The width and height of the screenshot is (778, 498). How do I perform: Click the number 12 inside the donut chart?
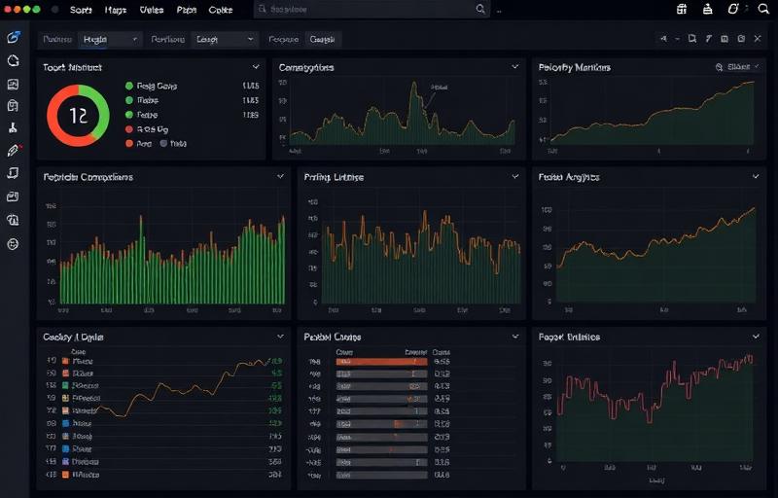point(79,115)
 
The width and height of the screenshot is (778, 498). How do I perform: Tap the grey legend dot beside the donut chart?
point(163,143)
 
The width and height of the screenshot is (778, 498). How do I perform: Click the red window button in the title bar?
point(11,9)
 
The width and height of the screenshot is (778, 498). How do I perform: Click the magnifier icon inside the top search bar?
point(480,9)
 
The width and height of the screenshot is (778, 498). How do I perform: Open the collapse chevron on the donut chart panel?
point(256,67)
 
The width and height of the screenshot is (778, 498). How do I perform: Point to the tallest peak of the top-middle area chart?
point(424,85)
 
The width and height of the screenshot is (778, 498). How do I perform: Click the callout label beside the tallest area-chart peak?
point(440,86)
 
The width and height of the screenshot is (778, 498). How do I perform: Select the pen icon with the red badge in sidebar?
point(14,151)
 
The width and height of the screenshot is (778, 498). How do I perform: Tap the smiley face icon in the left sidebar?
point(13,244)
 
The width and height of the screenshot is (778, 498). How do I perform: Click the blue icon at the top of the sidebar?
point(13,38)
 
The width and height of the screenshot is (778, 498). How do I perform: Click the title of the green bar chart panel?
point(88,177)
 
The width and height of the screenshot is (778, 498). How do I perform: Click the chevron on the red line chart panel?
point(755,336)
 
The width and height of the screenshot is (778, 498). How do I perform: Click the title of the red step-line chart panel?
point(569,337)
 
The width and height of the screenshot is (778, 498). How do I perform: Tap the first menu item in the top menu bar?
point(81,9)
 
